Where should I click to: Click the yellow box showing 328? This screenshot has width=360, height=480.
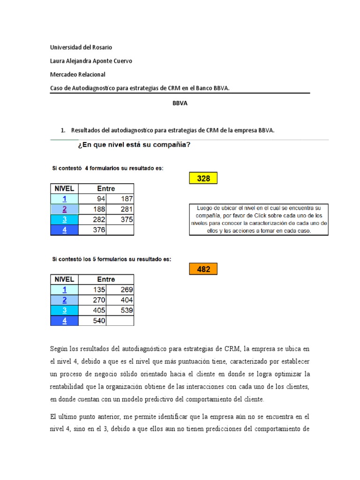pos(203,179)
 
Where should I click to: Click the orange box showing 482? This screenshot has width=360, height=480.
pos(203,270)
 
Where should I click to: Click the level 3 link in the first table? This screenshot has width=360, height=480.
pos(64,219)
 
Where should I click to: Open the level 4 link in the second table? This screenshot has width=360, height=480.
pos(64,321)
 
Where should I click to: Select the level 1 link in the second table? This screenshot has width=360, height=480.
pos(64,290)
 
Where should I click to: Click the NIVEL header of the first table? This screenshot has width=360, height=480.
pos(64,188)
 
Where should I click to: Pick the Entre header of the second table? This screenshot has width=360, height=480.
pos(106,279)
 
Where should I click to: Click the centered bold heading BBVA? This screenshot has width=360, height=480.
pos(180,104)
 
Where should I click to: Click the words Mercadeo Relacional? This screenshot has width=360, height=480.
pos(78,75)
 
